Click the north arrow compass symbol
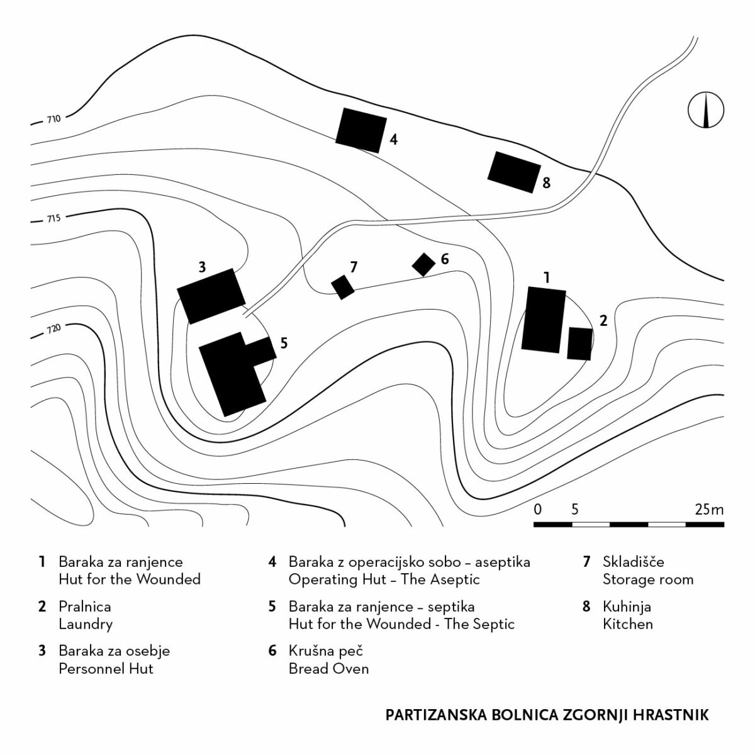coord(706,110)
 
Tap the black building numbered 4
coord(361,130)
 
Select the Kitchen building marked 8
coord(514,172)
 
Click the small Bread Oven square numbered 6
coord(423,264)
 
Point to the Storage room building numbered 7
coord(343,287)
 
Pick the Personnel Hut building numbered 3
coord(211,296)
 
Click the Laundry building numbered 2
coord(579,344)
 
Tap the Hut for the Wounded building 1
coord(544,320)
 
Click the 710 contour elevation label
coord(53,119)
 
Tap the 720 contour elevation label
coord(53,329)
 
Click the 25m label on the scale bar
coord(709,509)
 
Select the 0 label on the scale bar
coord(538,509)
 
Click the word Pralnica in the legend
coord(84,607)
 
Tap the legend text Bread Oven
coord(328,668)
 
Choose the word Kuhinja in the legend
coord(627,607)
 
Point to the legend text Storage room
coord(647,579)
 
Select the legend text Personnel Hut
coord(106,668)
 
